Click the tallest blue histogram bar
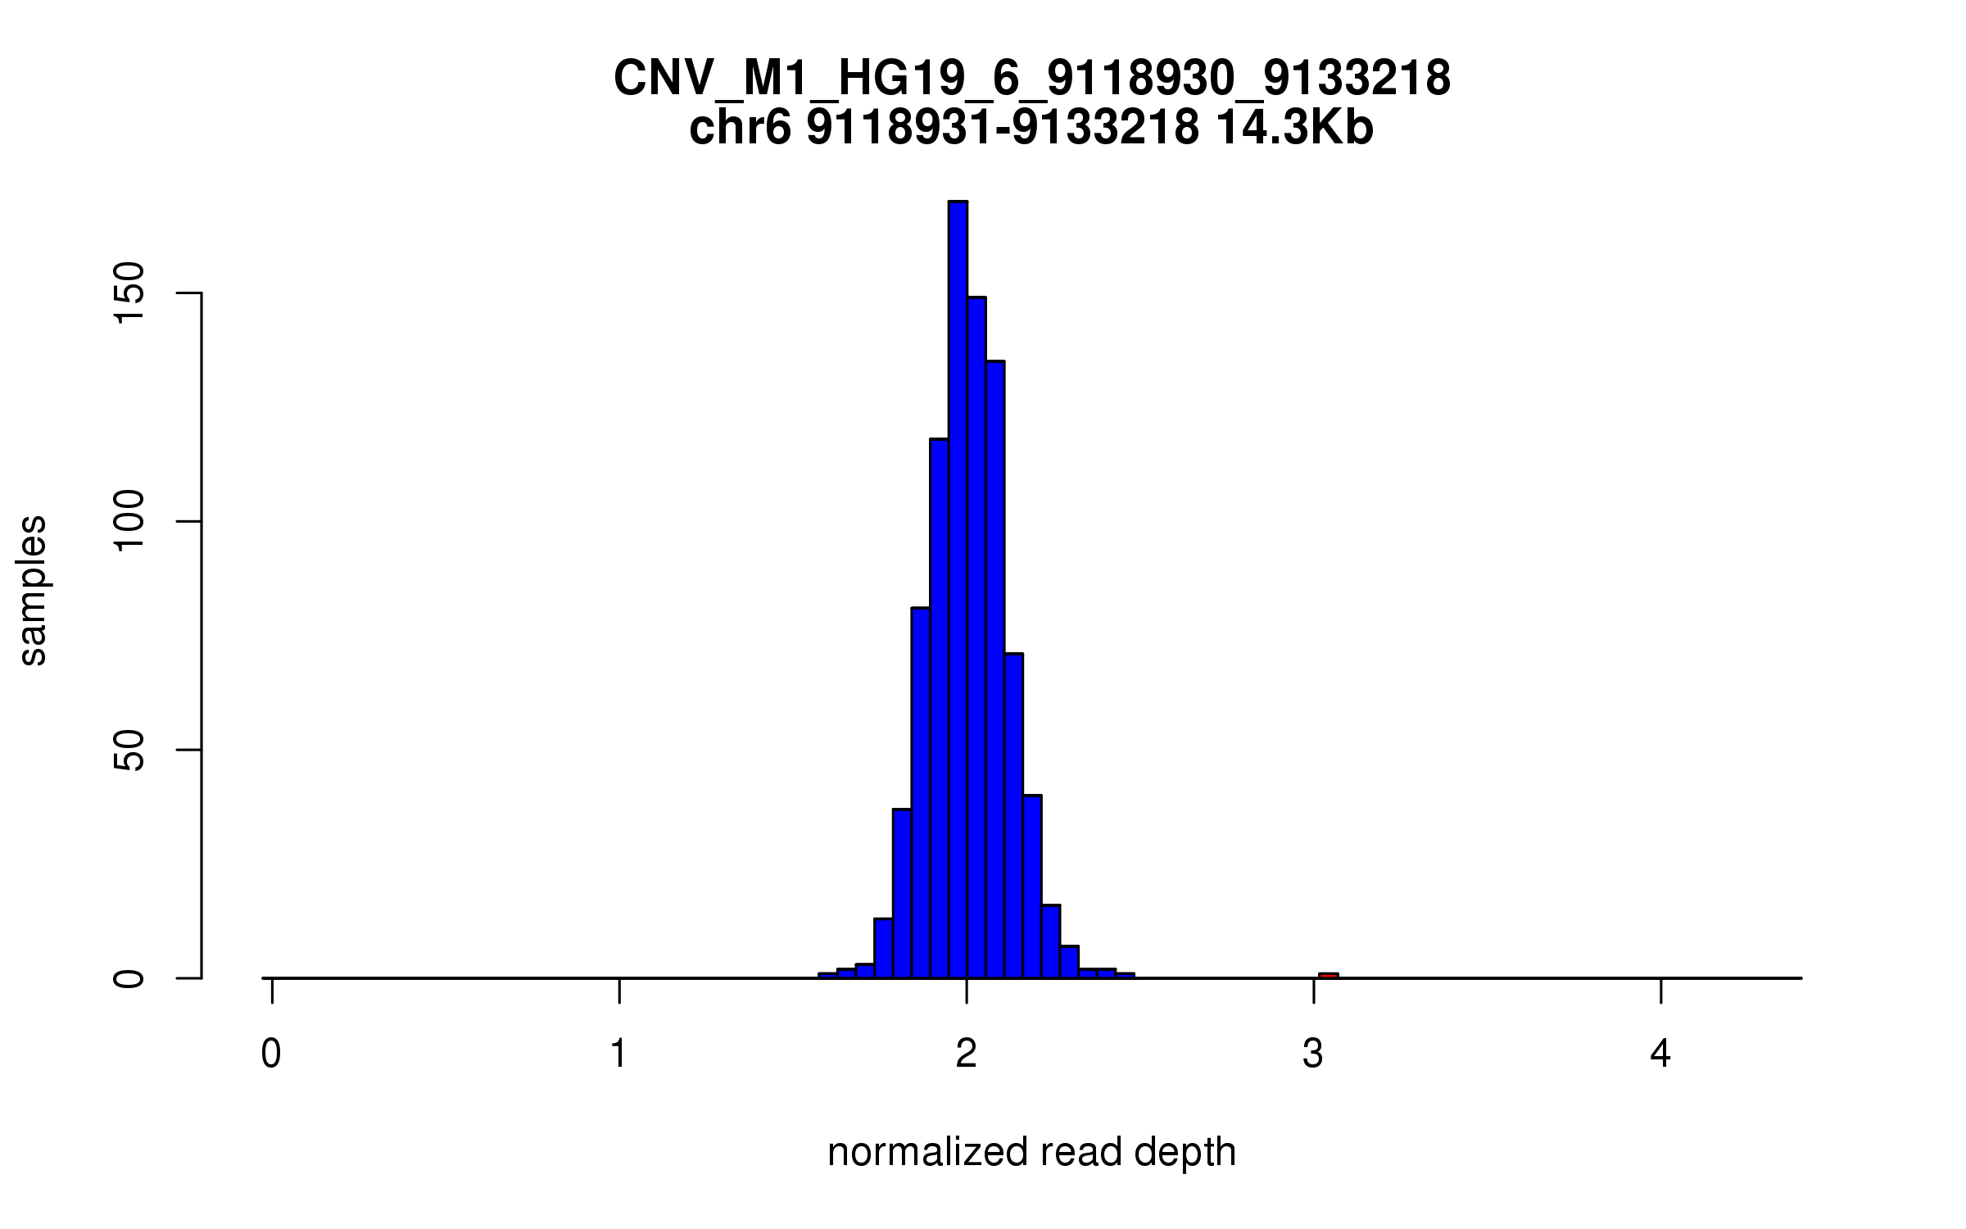coord(958,590)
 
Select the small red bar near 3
coord(1328,975)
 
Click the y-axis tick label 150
coord(129,293)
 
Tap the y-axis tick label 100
coord(129,522)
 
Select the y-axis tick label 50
coord(129,751)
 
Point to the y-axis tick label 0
coord(129,978)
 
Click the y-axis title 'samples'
coord(33,590)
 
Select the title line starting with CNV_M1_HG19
coord(1032,79)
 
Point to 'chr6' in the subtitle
coord(740,129)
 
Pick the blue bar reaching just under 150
coord(976,639)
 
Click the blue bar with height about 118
coord(939,709)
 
